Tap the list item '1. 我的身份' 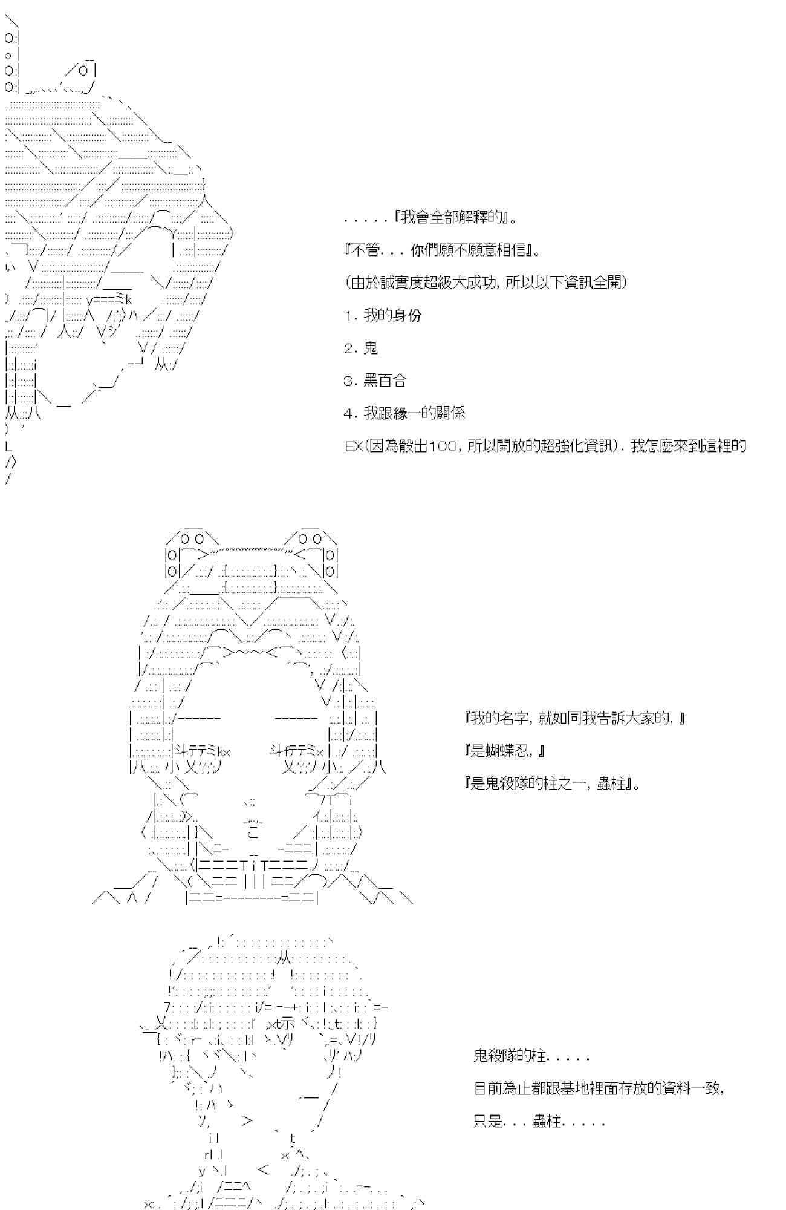(383, 315)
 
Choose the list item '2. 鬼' (361, 348)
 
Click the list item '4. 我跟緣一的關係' (404, 413)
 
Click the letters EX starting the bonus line (352, 446)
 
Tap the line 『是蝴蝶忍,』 (505, 751)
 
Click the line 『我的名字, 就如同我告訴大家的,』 (575, 718)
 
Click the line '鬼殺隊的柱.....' (531, 1056)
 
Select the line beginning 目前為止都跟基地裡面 (599, 1088)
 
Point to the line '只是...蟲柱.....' (539, 1121)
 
